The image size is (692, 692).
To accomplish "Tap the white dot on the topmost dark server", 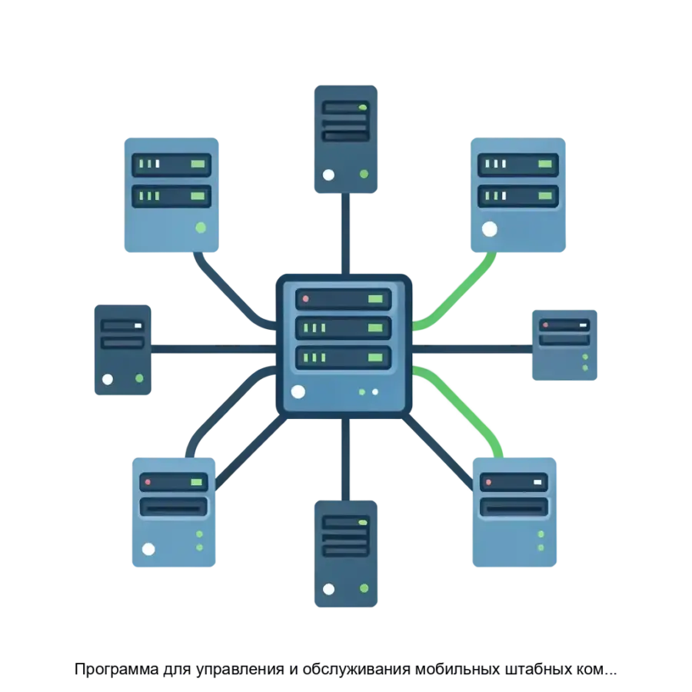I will coord(329,175).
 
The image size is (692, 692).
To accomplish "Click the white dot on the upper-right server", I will coord(489,228).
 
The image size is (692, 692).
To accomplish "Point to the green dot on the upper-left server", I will coord(201,228).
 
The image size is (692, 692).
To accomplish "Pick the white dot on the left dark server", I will coord(108,378).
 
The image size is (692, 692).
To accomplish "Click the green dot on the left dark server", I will coord(139,378).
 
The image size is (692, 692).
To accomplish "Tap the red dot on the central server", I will coord(305,298).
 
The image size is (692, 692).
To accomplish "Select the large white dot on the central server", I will coord(298,391).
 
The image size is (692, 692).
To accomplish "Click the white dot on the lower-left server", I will coord(148,549).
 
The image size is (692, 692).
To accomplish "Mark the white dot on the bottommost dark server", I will coord(329,589).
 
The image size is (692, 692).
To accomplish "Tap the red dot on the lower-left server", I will coord(147,482).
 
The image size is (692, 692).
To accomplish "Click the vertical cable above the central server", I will coord(347,231).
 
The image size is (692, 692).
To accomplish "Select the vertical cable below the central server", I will coord(347,457).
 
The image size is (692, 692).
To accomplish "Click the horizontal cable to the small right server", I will coord(473,348).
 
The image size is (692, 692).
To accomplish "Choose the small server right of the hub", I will coord(564,346).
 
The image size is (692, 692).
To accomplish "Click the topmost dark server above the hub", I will coord(345,136).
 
